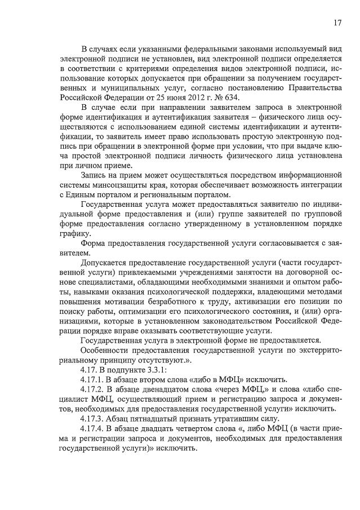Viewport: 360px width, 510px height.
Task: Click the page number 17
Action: click(337, 23)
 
